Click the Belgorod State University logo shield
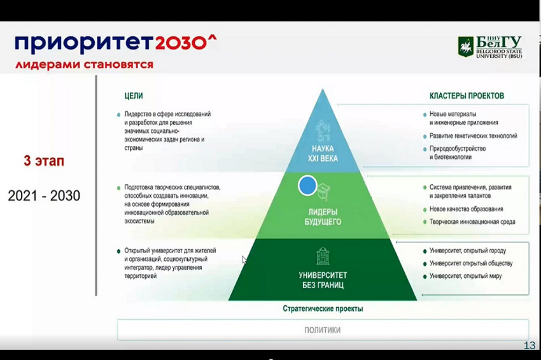coord(466,47)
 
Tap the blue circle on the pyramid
coord(307,185)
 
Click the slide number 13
coord(529,345)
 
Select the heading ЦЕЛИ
coord(134,96)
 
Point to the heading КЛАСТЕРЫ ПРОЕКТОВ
coord(467,96)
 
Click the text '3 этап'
coord(44,162)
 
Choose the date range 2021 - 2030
coord(44,196)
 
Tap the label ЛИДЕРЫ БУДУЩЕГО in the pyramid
coord(323,216)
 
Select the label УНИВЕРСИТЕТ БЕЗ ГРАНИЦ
coord(323,280)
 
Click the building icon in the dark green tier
coord(323,256)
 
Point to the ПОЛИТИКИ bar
coord(322,330)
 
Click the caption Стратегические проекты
coord(323,308)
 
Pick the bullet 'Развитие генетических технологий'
coord(473,136)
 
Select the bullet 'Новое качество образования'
coord(466,209)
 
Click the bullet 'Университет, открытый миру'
coord(468,276)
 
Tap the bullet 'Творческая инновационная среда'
coord(472,222)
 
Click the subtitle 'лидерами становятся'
coord(84,64)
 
